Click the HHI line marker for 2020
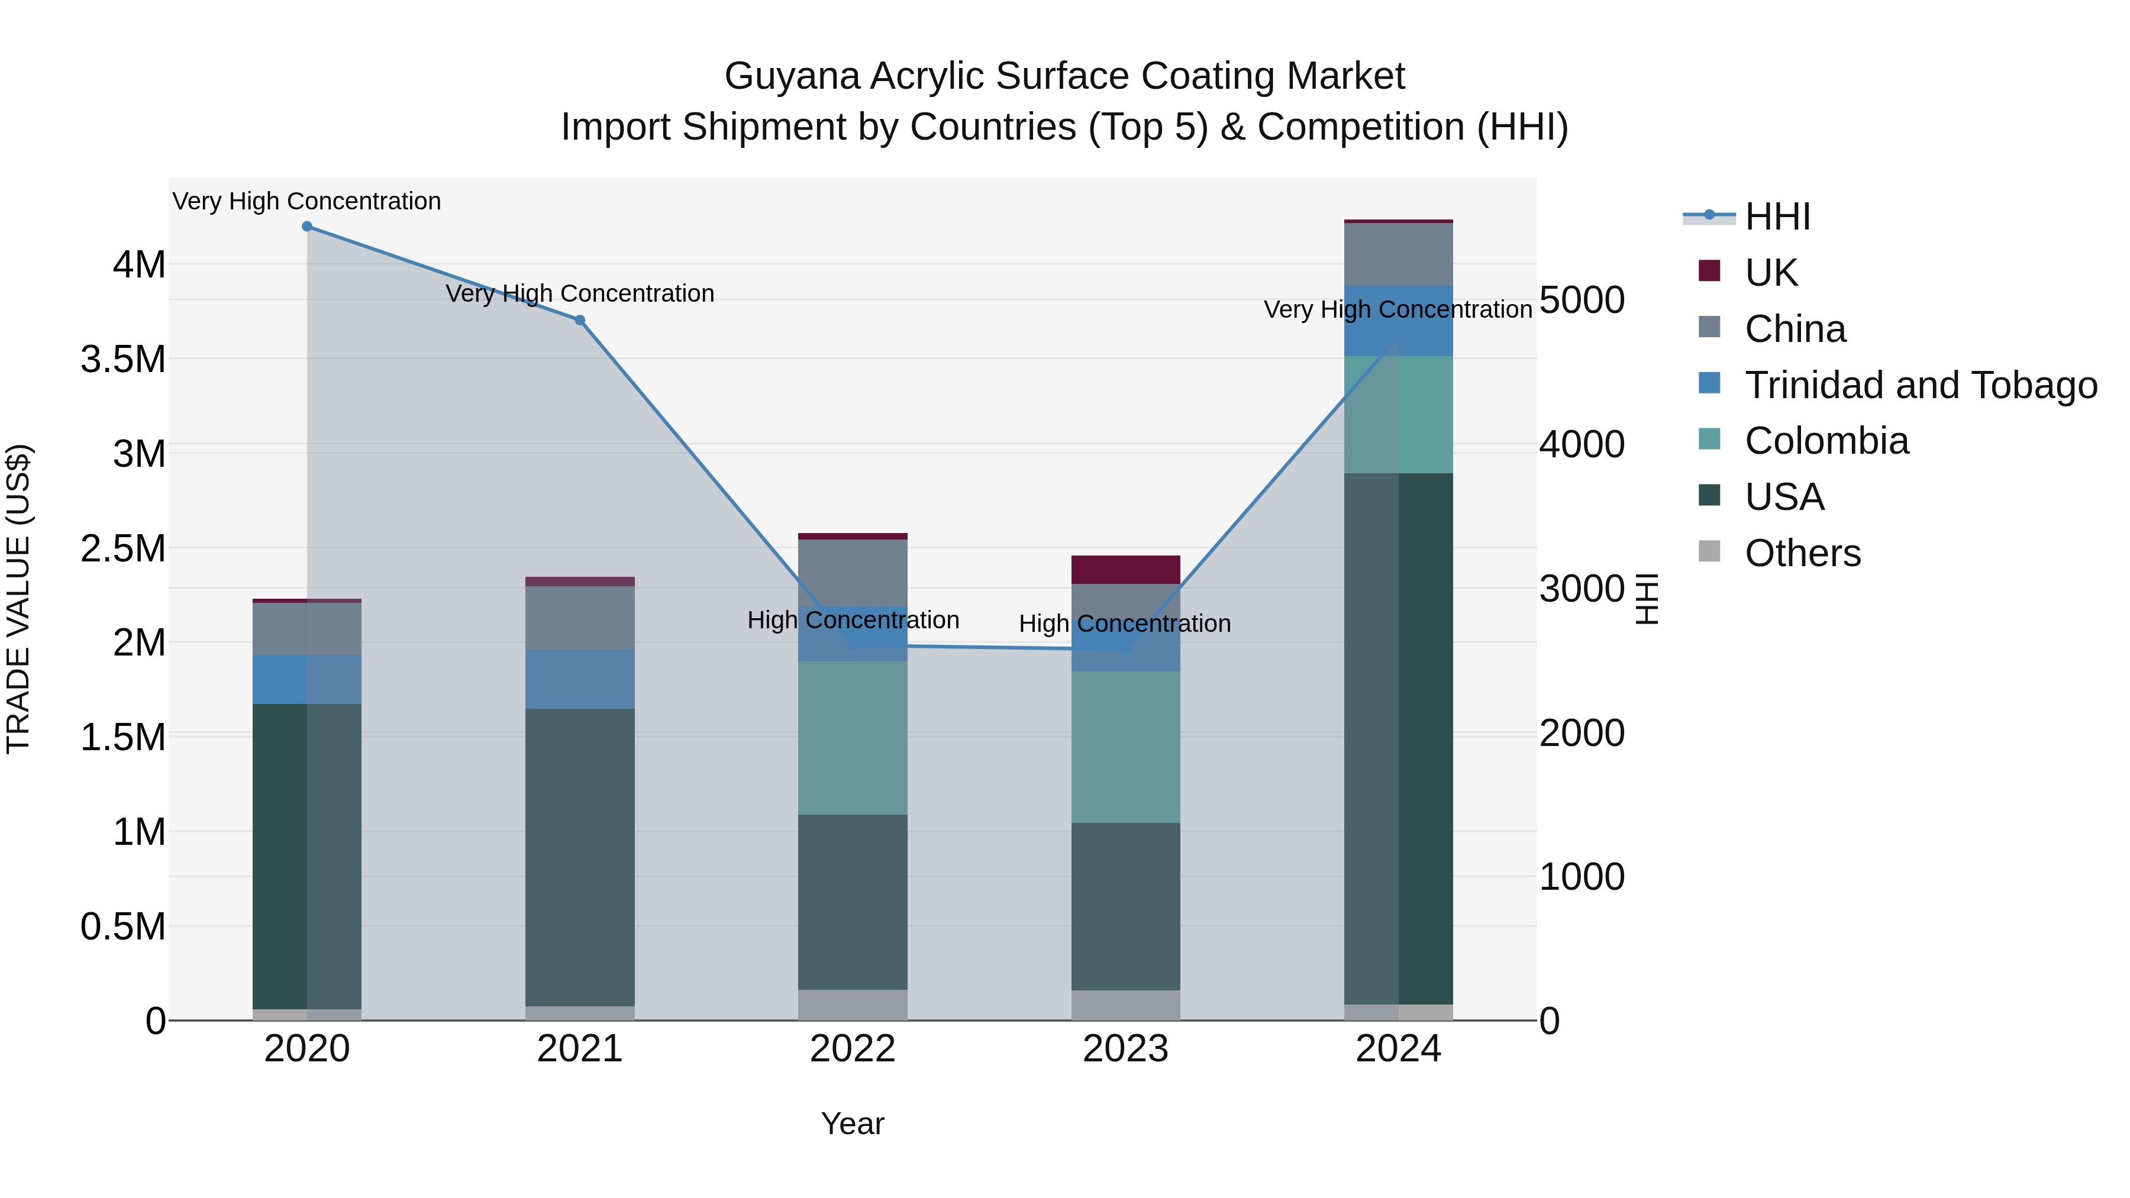coord(306,227)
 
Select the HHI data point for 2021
coord(580,320)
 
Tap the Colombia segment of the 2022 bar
coord(853,738)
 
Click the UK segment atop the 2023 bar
coord(1125,570)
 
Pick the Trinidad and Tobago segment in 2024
coord(1398,321)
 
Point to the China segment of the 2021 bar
coord(580,618)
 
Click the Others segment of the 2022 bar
coord(853,1005)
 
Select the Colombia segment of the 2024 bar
coord(1398,414)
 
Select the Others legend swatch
coord(1709,551)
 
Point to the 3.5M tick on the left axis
coord(123,360)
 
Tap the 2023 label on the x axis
coord(1125,1049)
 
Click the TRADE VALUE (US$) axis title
coord(18,599)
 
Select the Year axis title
coord(853,1123)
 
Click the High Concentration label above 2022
coord(853,620)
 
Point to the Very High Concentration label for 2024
coord(1398,310)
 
